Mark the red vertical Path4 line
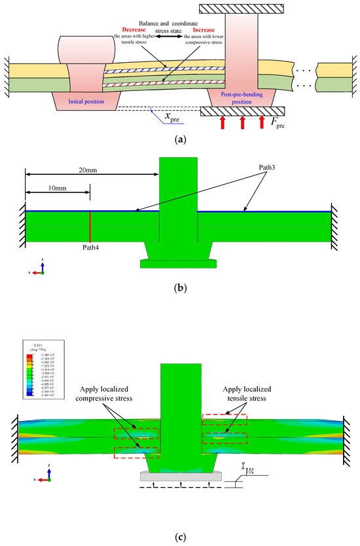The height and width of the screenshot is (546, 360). pos(90,227)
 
